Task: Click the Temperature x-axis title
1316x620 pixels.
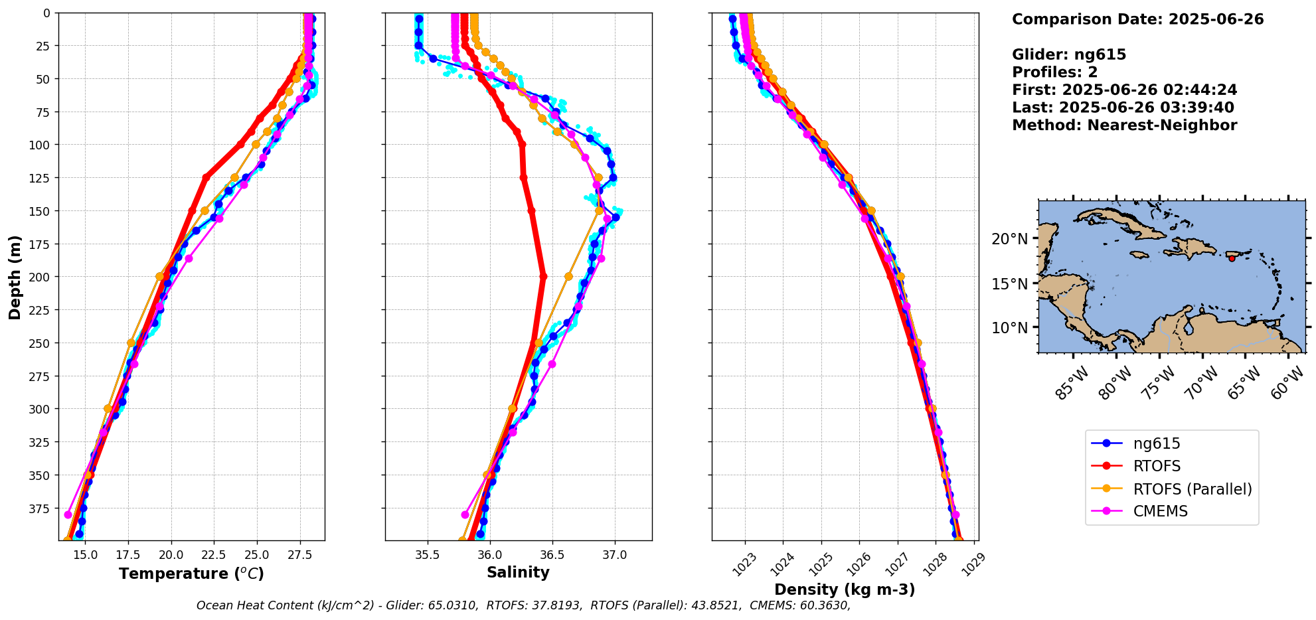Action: coord(191,574)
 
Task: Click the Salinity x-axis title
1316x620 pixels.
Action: coord(518,572)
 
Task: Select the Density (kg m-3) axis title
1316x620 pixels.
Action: coord(845,589)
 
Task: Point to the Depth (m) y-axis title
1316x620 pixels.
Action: coord(15,277)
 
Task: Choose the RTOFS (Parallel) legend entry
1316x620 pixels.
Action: coord(1192,489)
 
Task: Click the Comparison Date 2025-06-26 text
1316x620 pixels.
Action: coord(1137,19)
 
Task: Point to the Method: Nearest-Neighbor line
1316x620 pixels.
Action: coord(1124,125)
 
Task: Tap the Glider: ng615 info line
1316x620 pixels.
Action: coord(1069,54)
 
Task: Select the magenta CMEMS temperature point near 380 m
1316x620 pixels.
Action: coord(68,514)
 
